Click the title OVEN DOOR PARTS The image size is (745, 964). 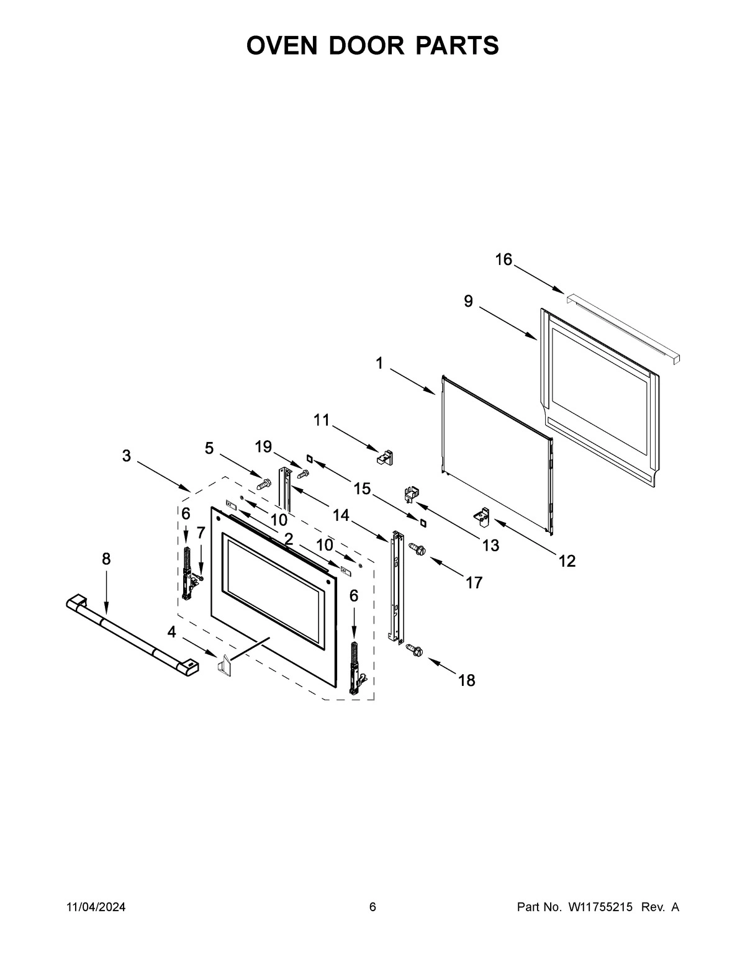[x=372, y=45]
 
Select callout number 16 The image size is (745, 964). [x=503, y=259]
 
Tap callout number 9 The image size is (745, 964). [x=468, y=302]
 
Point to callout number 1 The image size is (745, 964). [x=380, y=364]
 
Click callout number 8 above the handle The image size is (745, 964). [x=106, y=559]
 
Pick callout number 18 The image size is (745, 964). [x=466, y=680]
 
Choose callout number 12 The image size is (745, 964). [x=567, y=561]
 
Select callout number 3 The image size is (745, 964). [x=127, y=456]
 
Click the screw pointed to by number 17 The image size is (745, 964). [x=417, y=549]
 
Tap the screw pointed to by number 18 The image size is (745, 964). [x=413, y=649]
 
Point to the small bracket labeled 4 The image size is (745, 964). [x=223, y=664]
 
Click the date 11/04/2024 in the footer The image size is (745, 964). [x=96, y=907]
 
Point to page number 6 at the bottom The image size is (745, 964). [x=372, y=907]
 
